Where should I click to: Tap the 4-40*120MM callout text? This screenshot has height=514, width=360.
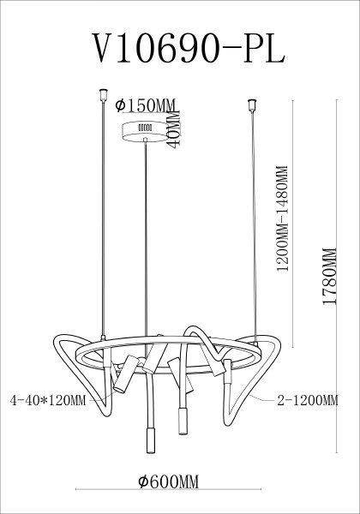click(49, 399)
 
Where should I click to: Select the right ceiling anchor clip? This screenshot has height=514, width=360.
click(252, 107)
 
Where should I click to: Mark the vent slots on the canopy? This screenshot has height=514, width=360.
click(145, 128)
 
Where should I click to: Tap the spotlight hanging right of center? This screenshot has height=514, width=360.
click(182, 421)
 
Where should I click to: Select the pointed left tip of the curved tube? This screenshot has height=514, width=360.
click(58, 342)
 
